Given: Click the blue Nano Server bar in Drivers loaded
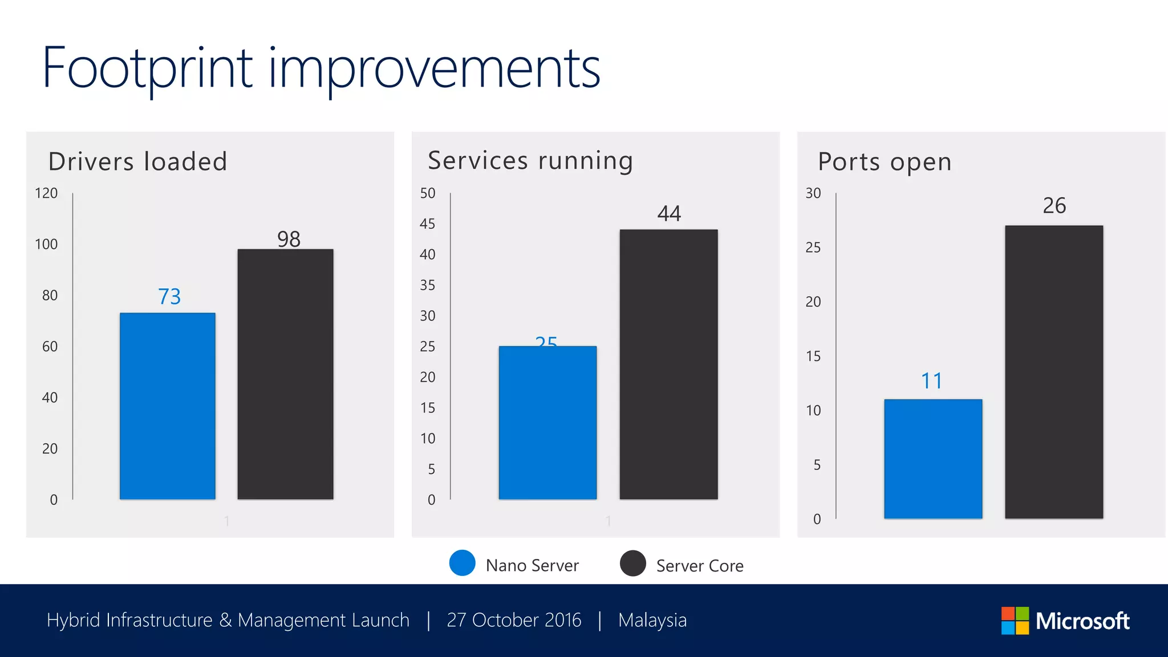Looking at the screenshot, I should (168, 406).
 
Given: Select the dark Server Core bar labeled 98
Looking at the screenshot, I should (285, 374).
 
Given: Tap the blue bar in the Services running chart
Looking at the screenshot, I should (547, 423).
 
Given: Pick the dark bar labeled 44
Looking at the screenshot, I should (668, 364).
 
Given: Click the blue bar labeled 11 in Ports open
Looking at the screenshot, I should (933, 459).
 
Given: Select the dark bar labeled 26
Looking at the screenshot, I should (1054, 372).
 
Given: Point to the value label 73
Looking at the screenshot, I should (169, 297).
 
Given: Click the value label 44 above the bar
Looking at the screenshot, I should (669, 214).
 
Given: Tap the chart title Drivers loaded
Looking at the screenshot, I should (138, 161).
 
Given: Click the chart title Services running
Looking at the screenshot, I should (530, 161).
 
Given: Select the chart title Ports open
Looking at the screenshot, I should (885, 162).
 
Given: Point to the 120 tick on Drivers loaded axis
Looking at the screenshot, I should (46, 193).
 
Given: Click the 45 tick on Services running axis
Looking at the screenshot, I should (427, 224).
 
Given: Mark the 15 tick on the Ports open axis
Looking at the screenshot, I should (813, 356).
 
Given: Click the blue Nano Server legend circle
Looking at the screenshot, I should (462, 563).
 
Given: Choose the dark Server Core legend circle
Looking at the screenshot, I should (632, 563).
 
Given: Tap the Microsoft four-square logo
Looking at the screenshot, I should (1015, 620).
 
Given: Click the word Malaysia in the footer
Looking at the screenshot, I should (652, 620).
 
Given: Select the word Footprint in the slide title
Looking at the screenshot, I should (147, 68).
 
